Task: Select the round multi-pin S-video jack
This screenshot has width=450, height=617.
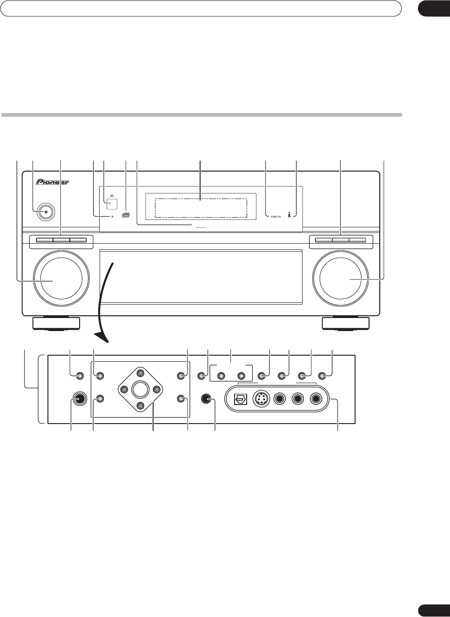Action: pyautogui.click(x=261, y=399)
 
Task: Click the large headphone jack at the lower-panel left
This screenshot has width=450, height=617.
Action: pyautogui.click(x=78, y=398)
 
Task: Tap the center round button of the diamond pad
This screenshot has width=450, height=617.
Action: pyautogui.click(x=139, y=389)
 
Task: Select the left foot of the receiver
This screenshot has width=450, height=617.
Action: pyautogui.click(x=56, y=323)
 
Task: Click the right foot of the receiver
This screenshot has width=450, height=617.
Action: pyautogui.click(x=346, y=323)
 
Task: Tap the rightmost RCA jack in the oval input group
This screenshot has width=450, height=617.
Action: pyautogui.click(x=316, y=399)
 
